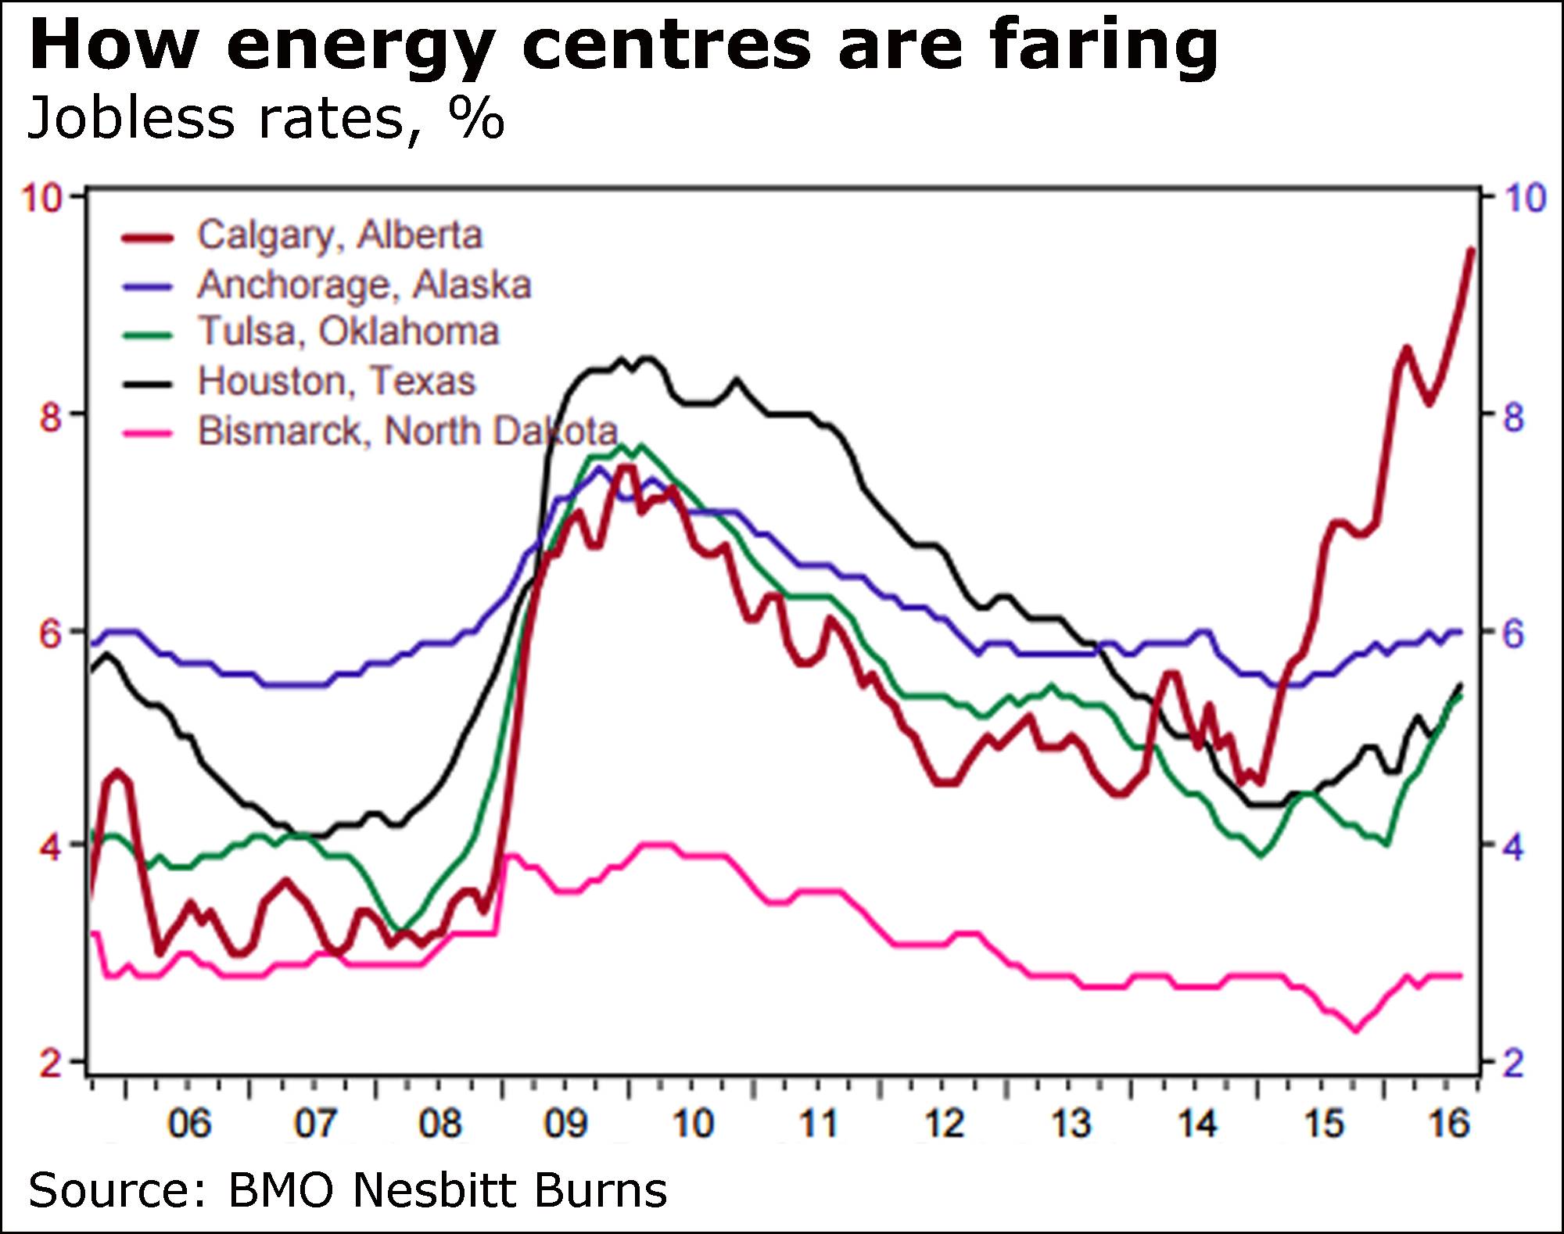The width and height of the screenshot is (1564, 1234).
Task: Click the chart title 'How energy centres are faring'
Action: [623, 45]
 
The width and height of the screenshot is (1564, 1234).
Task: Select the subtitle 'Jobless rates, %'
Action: [266, 119]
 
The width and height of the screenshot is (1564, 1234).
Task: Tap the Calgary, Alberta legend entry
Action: [339, 235]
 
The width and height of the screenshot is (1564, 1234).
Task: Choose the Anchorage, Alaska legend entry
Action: [364, 284]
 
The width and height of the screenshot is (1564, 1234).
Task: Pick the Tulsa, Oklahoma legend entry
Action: [348, 332]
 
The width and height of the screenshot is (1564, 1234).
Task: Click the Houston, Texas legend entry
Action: [336, 381]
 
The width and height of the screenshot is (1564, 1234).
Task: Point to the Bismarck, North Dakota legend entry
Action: [407, 431]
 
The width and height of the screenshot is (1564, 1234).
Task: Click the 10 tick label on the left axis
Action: [41, 198]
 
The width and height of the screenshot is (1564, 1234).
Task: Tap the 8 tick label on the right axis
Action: [1514, 417]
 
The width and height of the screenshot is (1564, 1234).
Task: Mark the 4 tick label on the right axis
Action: [1514, 848]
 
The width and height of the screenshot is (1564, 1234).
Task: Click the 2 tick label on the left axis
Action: [50, 1064]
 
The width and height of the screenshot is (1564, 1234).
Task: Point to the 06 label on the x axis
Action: [189, 1125]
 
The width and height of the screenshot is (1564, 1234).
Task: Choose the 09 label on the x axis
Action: [565, 1125]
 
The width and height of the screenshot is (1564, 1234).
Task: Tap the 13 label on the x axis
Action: [1071, 1125]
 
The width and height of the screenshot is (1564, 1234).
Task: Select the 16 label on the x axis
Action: [1449, 1125]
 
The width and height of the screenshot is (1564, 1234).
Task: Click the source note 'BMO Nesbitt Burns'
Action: [447, 1191]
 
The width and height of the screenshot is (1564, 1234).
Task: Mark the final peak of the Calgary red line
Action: [1471, 249]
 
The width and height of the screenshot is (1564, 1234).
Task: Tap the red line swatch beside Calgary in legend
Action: [148, 237]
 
